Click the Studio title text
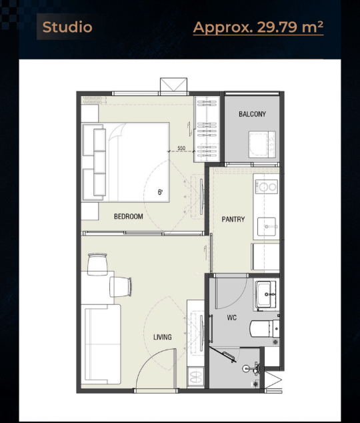pos(67,27)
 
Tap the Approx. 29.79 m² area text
pos(258,27)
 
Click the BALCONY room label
pos(252,114)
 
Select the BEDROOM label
pos(128,216)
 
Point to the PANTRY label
pos(233,219)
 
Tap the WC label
pos(232,318)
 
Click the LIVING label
pos(163,337)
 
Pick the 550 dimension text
pos(181,148)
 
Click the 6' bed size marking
pos(160,192)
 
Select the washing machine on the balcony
pos(262,144)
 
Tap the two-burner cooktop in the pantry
pos(266,186)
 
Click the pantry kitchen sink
pos(267,227)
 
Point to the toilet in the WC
pos(265,328)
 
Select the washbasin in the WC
pos(265,295)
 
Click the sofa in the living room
pos(101,344)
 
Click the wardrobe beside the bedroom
pos(207,129)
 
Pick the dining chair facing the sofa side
pos(121,287)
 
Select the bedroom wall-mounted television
pos(202,197)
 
